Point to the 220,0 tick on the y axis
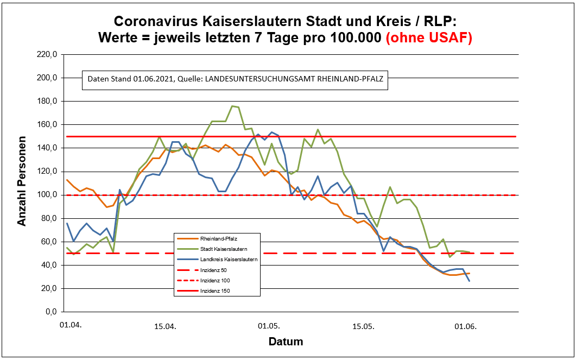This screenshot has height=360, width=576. click(46, 54)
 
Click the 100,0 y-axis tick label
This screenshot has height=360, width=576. click(46, 195)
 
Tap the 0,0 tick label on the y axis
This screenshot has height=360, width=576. click(50, 312)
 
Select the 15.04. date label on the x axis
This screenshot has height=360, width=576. click(165, 326)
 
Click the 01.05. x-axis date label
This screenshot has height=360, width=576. click(269, 326)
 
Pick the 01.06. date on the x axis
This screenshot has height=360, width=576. click(465, 326)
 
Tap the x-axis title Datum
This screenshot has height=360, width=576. click(286, 342)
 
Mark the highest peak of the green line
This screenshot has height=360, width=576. click(232, 106)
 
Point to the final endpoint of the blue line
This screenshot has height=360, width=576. click(469, 280)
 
